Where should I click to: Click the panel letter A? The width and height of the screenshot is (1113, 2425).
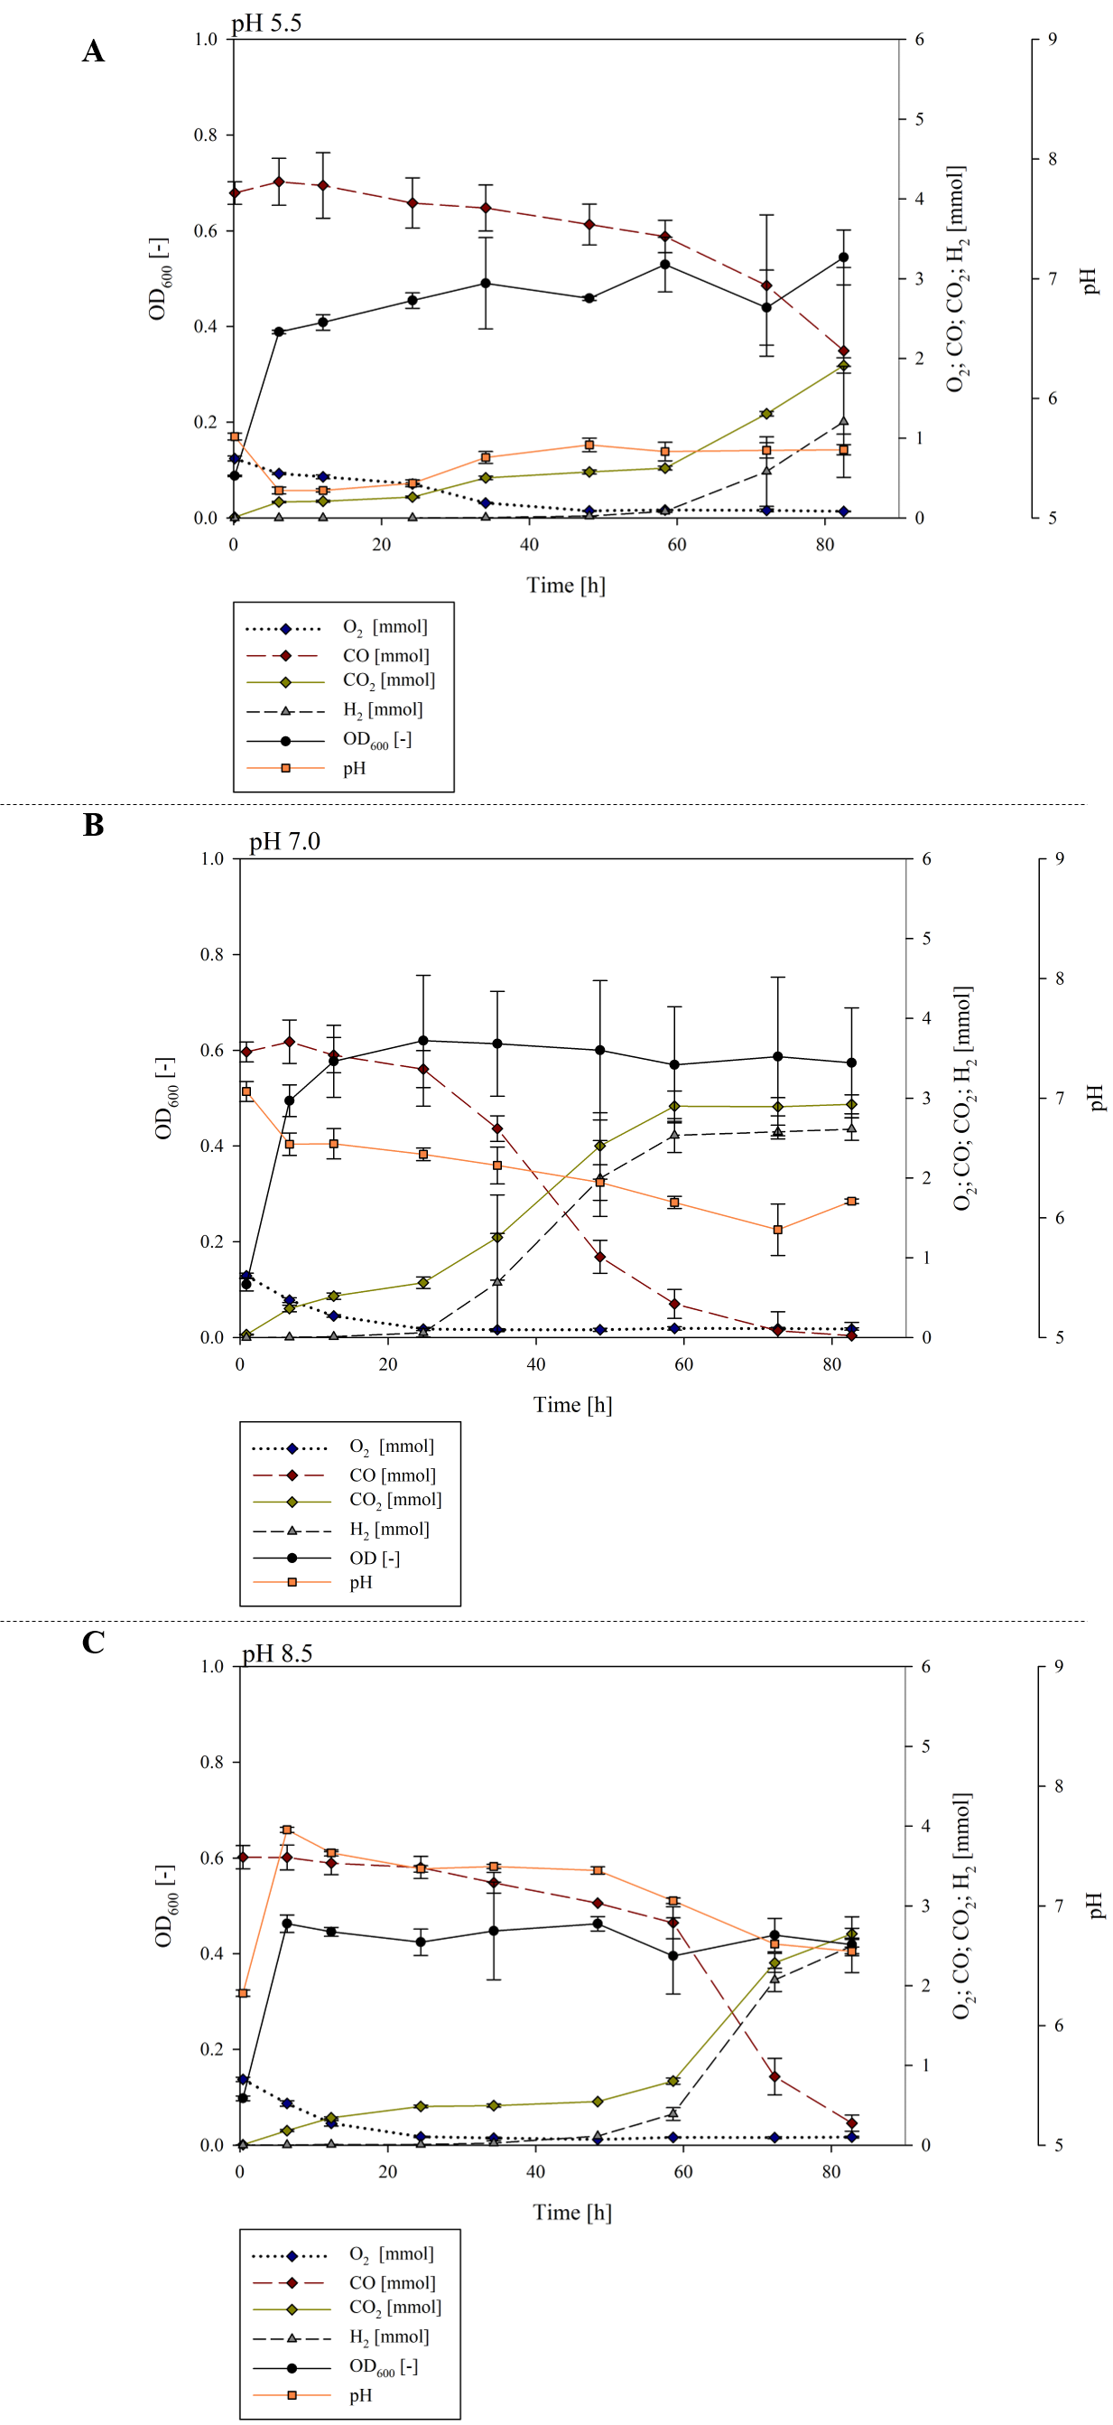click(93, 51)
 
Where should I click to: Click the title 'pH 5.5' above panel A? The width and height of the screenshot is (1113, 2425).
click(266, 23)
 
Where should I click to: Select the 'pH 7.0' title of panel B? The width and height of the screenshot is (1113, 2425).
click(284, 840)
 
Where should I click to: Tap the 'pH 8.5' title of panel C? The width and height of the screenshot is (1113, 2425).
click(276, 1653)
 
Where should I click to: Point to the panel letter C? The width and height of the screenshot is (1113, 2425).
click(93, 1643)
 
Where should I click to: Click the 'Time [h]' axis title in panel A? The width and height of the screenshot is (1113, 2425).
click(565, 585)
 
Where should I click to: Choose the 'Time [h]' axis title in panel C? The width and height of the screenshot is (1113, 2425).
click(572, 2213)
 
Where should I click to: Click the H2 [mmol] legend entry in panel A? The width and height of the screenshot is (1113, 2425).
click(382, 710)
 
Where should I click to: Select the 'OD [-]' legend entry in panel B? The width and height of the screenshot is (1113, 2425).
click(375, 1558)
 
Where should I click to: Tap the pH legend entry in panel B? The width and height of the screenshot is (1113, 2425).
click(360, 1582)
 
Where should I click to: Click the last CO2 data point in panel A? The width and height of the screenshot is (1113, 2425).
click(844, 365)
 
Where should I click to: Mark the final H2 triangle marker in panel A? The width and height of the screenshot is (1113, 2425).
click(844, 422)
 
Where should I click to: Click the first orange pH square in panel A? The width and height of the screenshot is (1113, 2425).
click(235, 436)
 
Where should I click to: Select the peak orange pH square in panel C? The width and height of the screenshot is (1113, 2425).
click(288, 1830)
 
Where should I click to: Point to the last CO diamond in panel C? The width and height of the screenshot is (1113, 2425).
click(851, 2123)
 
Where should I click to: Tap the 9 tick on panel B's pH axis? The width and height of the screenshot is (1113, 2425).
click(1060, 859)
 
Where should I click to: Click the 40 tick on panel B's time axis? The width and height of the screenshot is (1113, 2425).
click(535, 1364)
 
